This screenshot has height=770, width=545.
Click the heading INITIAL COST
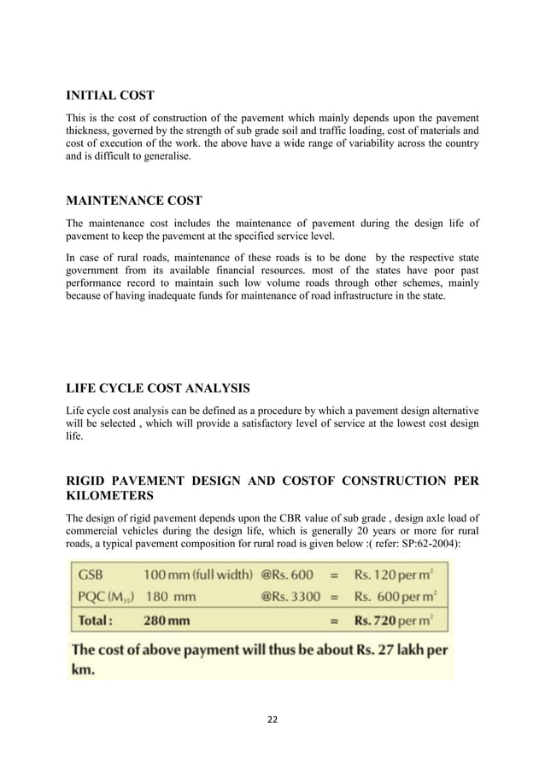[x=116, y=95]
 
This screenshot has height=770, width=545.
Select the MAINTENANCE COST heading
[x=134, y=201]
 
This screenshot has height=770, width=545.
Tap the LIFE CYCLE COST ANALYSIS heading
[x=158, y=388]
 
